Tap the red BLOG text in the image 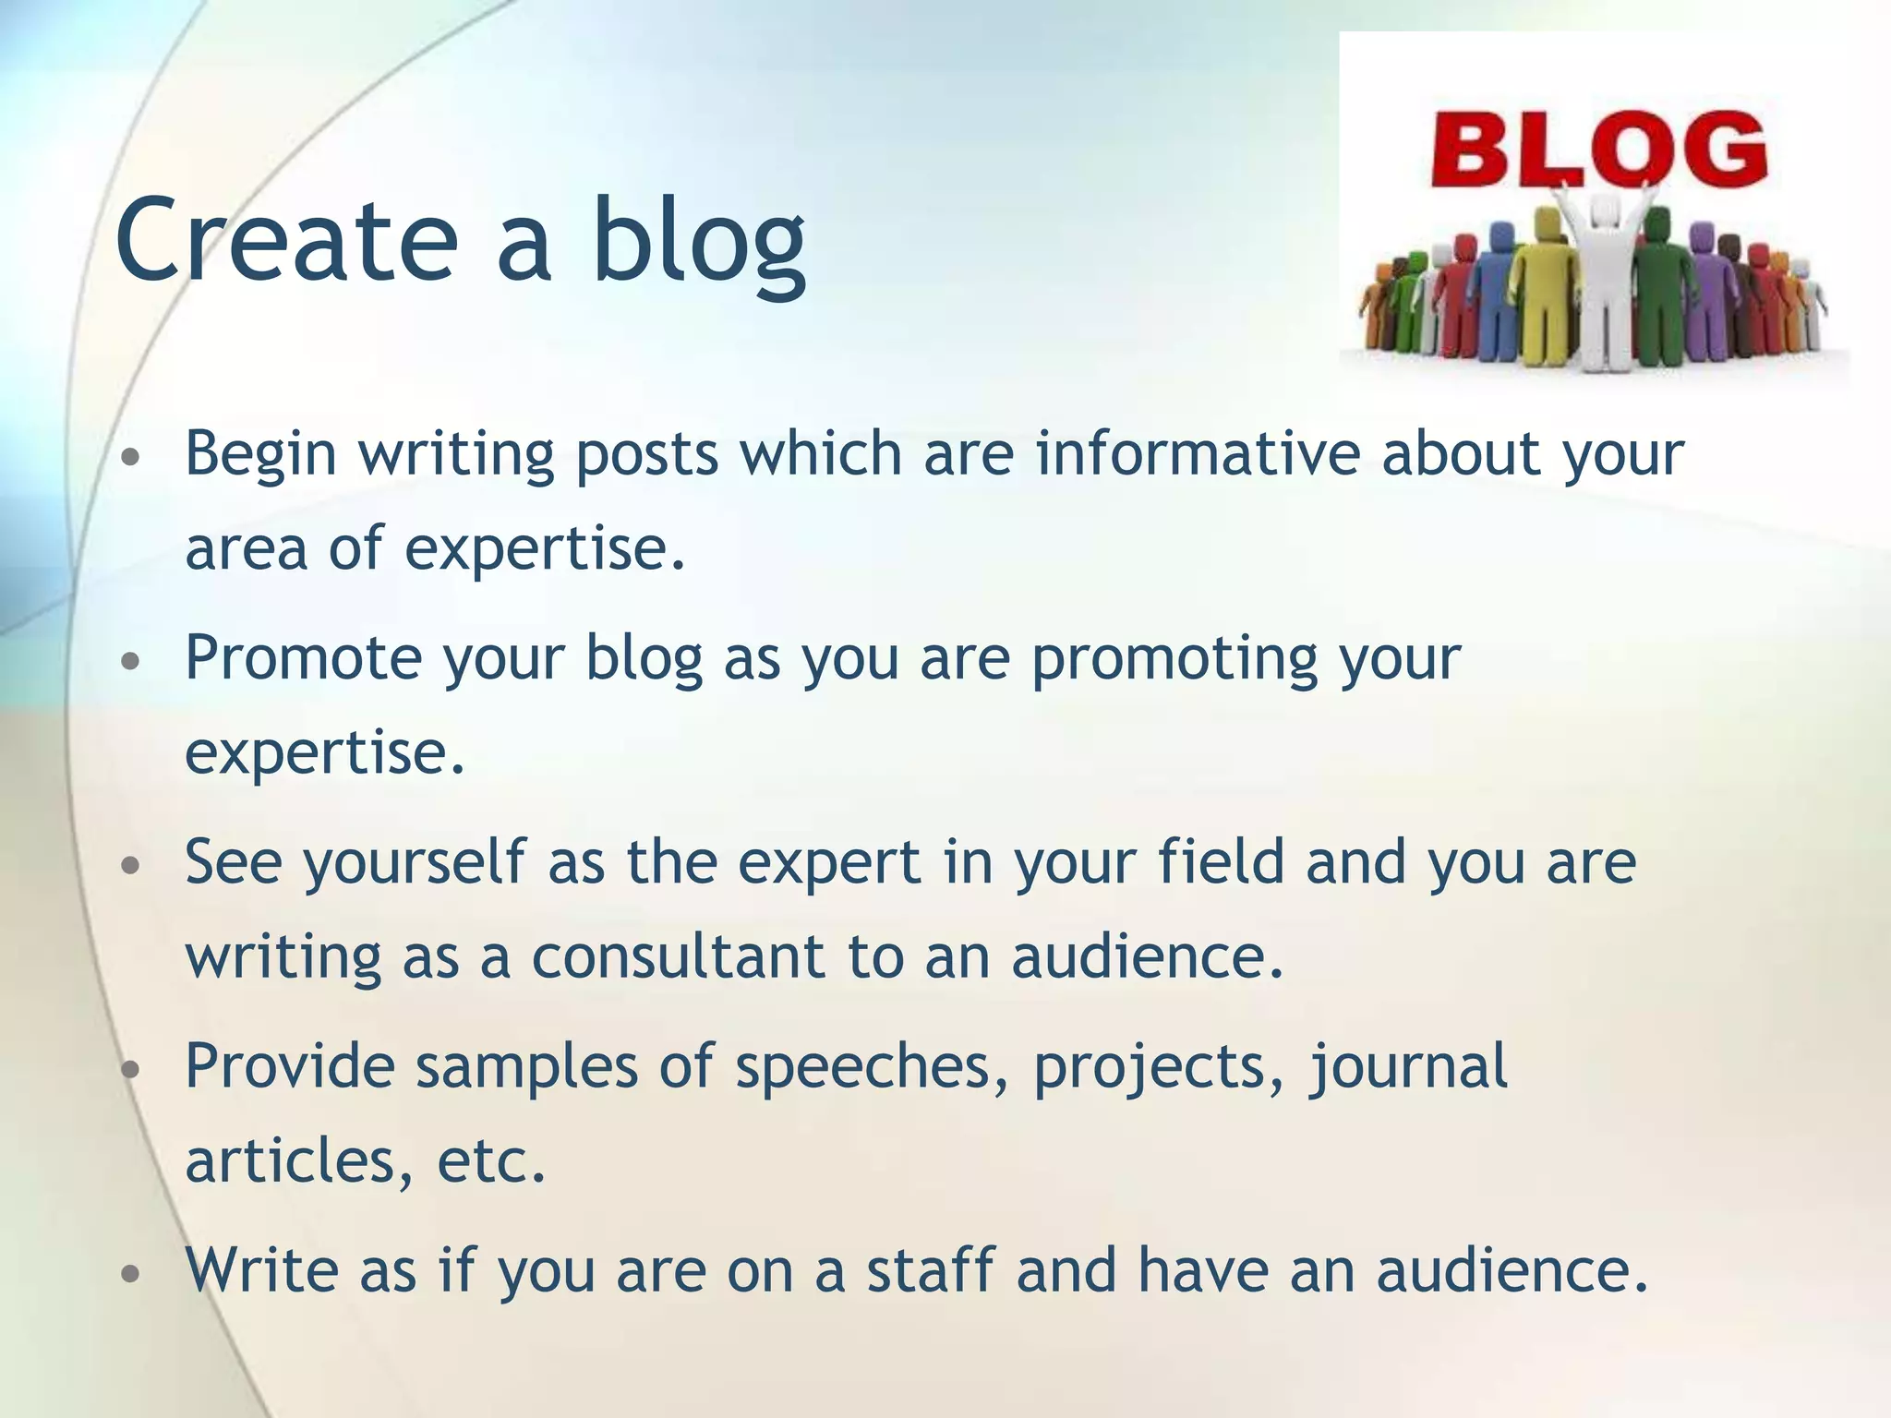point(1597,150)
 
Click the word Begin point(260,455)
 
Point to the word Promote point(303,658)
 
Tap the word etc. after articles point(491,1161)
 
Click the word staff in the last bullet point(930,1269)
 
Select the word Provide point(289,1066)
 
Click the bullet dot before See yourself point(131,866)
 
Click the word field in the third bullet point(1221,861)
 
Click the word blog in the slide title point(699,242)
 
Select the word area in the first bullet point(246,548)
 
